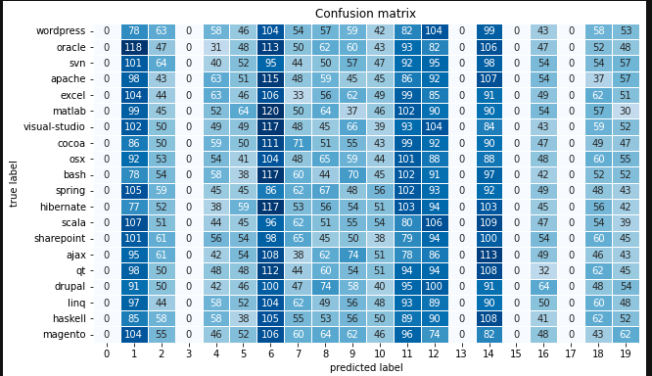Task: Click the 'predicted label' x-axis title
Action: coord(366,367)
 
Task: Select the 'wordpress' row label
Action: coord(61,31)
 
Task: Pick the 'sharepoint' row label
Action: coord(58,238)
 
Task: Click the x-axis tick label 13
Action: coord(461,353)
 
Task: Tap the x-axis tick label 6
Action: coord(270,353)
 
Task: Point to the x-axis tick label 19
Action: coord(625,353)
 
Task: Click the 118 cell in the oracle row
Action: coord(134,47)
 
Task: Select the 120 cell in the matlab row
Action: coord(270,111)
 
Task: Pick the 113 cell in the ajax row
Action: coord(489,255)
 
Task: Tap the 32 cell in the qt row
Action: coord(543,270)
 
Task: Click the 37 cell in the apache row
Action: coord(597,79)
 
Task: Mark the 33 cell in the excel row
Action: coord(298,95)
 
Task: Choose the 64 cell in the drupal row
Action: coord(543,286)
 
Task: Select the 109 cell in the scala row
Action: coord(489,222)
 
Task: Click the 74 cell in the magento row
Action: coord(434,334)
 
